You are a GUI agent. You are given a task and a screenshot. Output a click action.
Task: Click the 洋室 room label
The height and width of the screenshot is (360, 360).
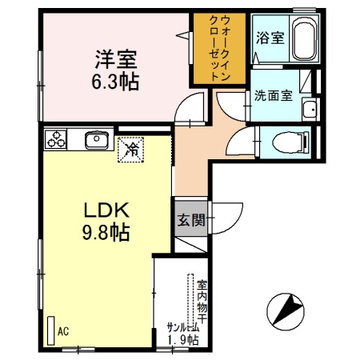click(x=116, y=58)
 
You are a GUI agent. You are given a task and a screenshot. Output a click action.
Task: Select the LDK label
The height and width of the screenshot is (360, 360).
click(x=102, y=211)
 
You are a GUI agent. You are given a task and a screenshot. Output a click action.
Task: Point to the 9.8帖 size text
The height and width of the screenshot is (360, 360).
click(x=102, y=234)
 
